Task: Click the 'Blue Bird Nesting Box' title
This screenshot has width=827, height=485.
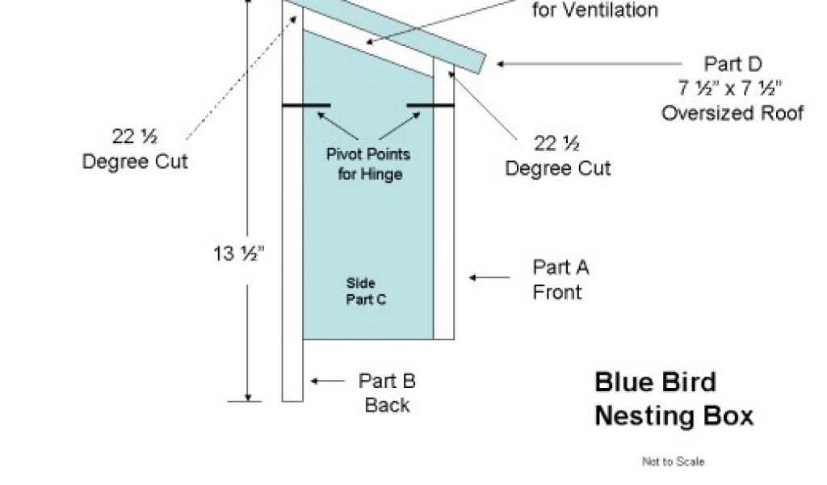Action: click(x=674, y=399)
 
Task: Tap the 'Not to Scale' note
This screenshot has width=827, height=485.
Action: click(x=673, y=462)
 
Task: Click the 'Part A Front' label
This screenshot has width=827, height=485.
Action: click(x=560, y=279)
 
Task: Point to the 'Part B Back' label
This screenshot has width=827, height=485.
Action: click(x=387, y=393)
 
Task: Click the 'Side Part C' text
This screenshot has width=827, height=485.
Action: click(x=366, y=291)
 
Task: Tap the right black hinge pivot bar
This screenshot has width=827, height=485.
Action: click(x=430, y=105)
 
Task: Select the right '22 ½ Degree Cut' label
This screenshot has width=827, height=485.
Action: click(x=558, y=155)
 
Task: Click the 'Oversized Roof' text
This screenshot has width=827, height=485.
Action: click(x=733, y=113)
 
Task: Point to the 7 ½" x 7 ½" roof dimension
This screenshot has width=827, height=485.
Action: click(x=733, y=88)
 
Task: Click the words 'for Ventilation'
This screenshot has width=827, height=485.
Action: click(x=595, y=11)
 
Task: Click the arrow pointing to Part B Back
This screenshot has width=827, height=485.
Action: click(x=329, y=381)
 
